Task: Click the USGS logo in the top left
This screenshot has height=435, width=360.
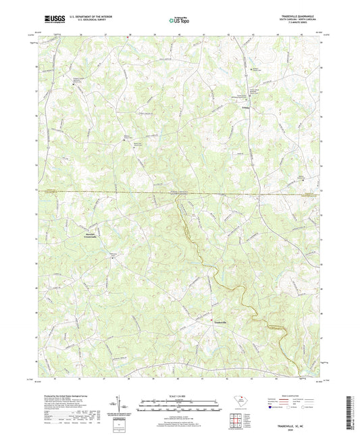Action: (53, 20)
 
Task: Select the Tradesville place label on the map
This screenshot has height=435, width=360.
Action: (222, 323)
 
